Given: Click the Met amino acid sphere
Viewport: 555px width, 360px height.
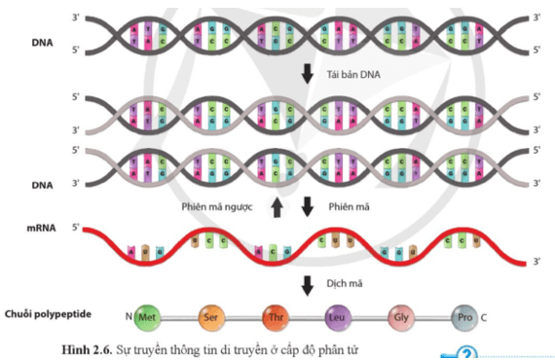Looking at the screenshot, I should [146, 316].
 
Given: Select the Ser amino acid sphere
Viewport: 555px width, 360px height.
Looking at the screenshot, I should [209, 316].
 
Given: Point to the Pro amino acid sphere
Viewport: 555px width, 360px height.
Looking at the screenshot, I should [463, 316].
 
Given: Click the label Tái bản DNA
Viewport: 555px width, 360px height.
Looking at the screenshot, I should [353, 76].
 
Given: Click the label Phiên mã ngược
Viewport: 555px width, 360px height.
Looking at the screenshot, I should [232, 205].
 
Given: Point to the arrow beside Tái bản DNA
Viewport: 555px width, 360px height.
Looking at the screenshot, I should [308, 75].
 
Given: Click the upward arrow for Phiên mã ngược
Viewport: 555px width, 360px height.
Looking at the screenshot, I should [277, 205].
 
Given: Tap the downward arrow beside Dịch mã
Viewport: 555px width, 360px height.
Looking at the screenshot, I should [308, 285].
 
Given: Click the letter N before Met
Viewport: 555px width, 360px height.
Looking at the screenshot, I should [128, 317].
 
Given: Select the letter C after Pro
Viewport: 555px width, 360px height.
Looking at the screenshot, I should [484, 317].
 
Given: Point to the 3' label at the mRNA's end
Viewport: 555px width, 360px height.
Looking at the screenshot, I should [535, 262].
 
